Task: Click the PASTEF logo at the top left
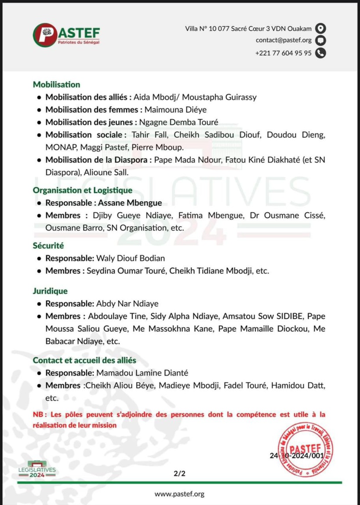coord(66,35)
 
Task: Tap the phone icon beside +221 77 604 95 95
coord(321,53)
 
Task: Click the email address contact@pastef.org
coord(284,40)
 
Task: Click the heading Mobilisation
coord(56,84)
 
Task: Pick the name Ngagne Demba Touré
coord(178,122)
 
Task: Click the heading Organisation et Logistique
coord(82,190)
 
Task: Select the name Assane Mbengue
coord(133,203)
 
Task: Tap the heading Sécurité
coord(48,245)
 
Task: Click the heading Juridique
coord(50,291)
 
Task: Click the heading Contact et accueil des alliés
coord(84,360)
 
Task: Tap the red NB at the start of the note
coord(38,415)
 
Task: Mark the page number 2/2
coord(179,473)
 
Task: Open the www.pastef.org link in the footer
coord(179,494)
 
